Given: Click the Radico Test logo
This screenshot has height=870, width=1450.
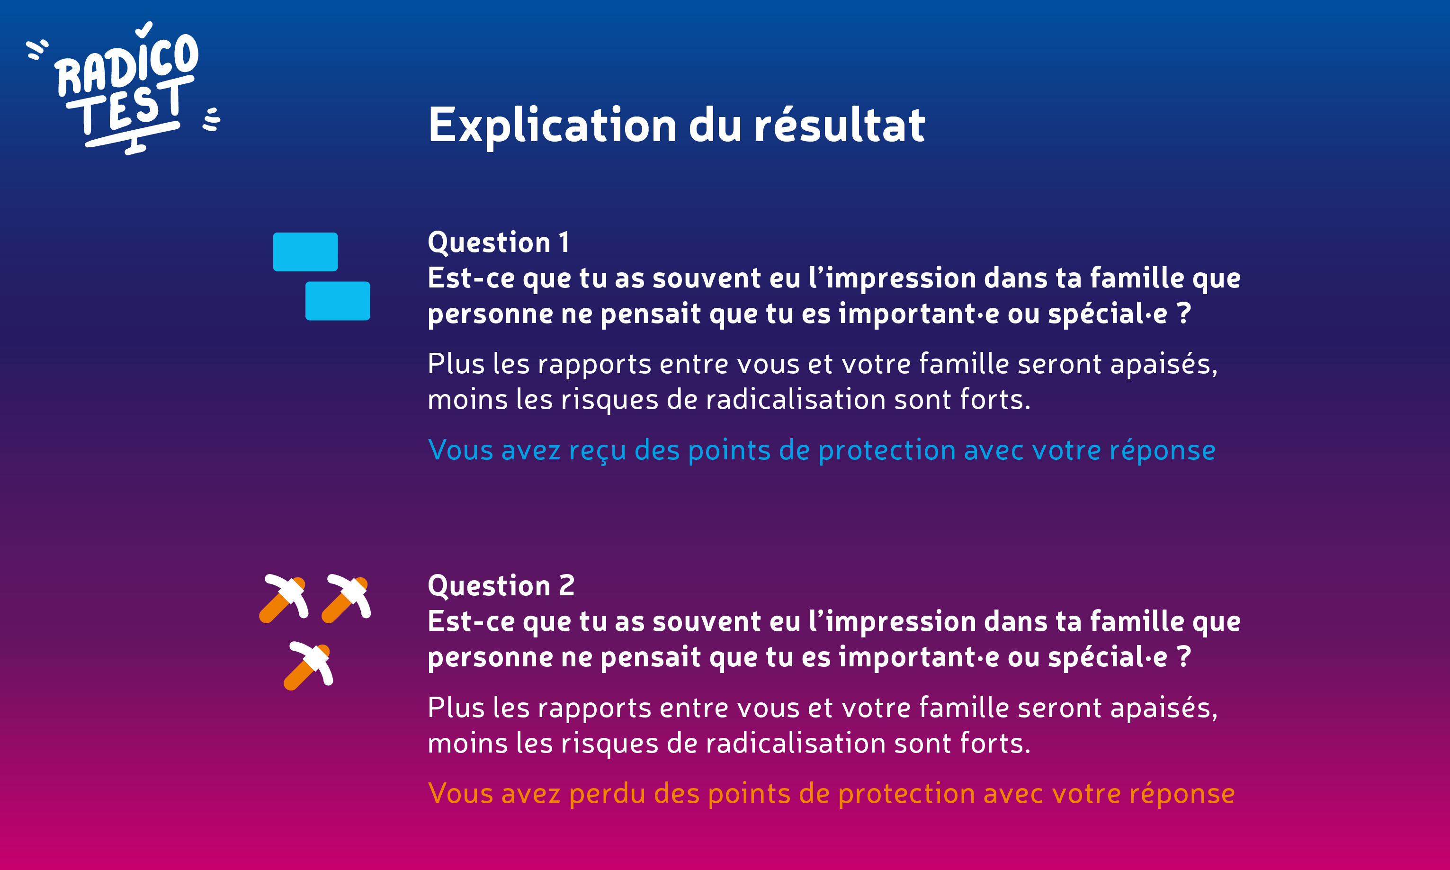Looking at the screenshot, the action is point(123,88).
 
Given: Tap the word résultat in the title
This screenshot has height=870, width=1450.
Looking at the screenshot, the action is point(839,125).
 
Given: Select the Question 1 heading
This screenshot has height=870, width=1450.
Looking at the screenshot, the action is point(499,242).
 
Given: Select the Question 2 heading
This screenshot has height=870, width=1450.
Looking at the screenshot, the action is point(501,586).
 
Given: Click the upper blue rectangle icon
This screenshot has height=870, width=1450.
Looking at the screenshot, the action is point(305,252).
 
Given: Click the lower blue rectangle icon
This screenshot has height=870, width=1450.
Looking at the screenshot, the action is point(338,301).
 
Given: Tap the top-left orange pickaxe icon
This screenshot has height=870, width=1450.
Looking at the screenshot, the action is point(284,598).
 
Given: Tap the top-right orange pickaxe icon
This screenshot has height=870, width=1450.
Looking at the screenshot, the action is point(346,598).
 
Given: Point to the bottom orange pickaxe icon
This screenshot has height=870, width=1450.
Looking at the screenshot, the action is point(308,665).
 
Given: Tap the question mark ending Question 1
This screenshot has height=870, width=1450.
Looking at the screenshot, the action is point(1184,313).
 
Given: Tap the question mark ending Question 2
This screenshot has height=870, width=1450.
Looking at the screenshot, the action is point(1184,656).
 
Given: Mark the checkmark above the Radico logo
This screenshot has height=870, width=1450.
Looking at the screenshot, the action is point(144,30).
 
